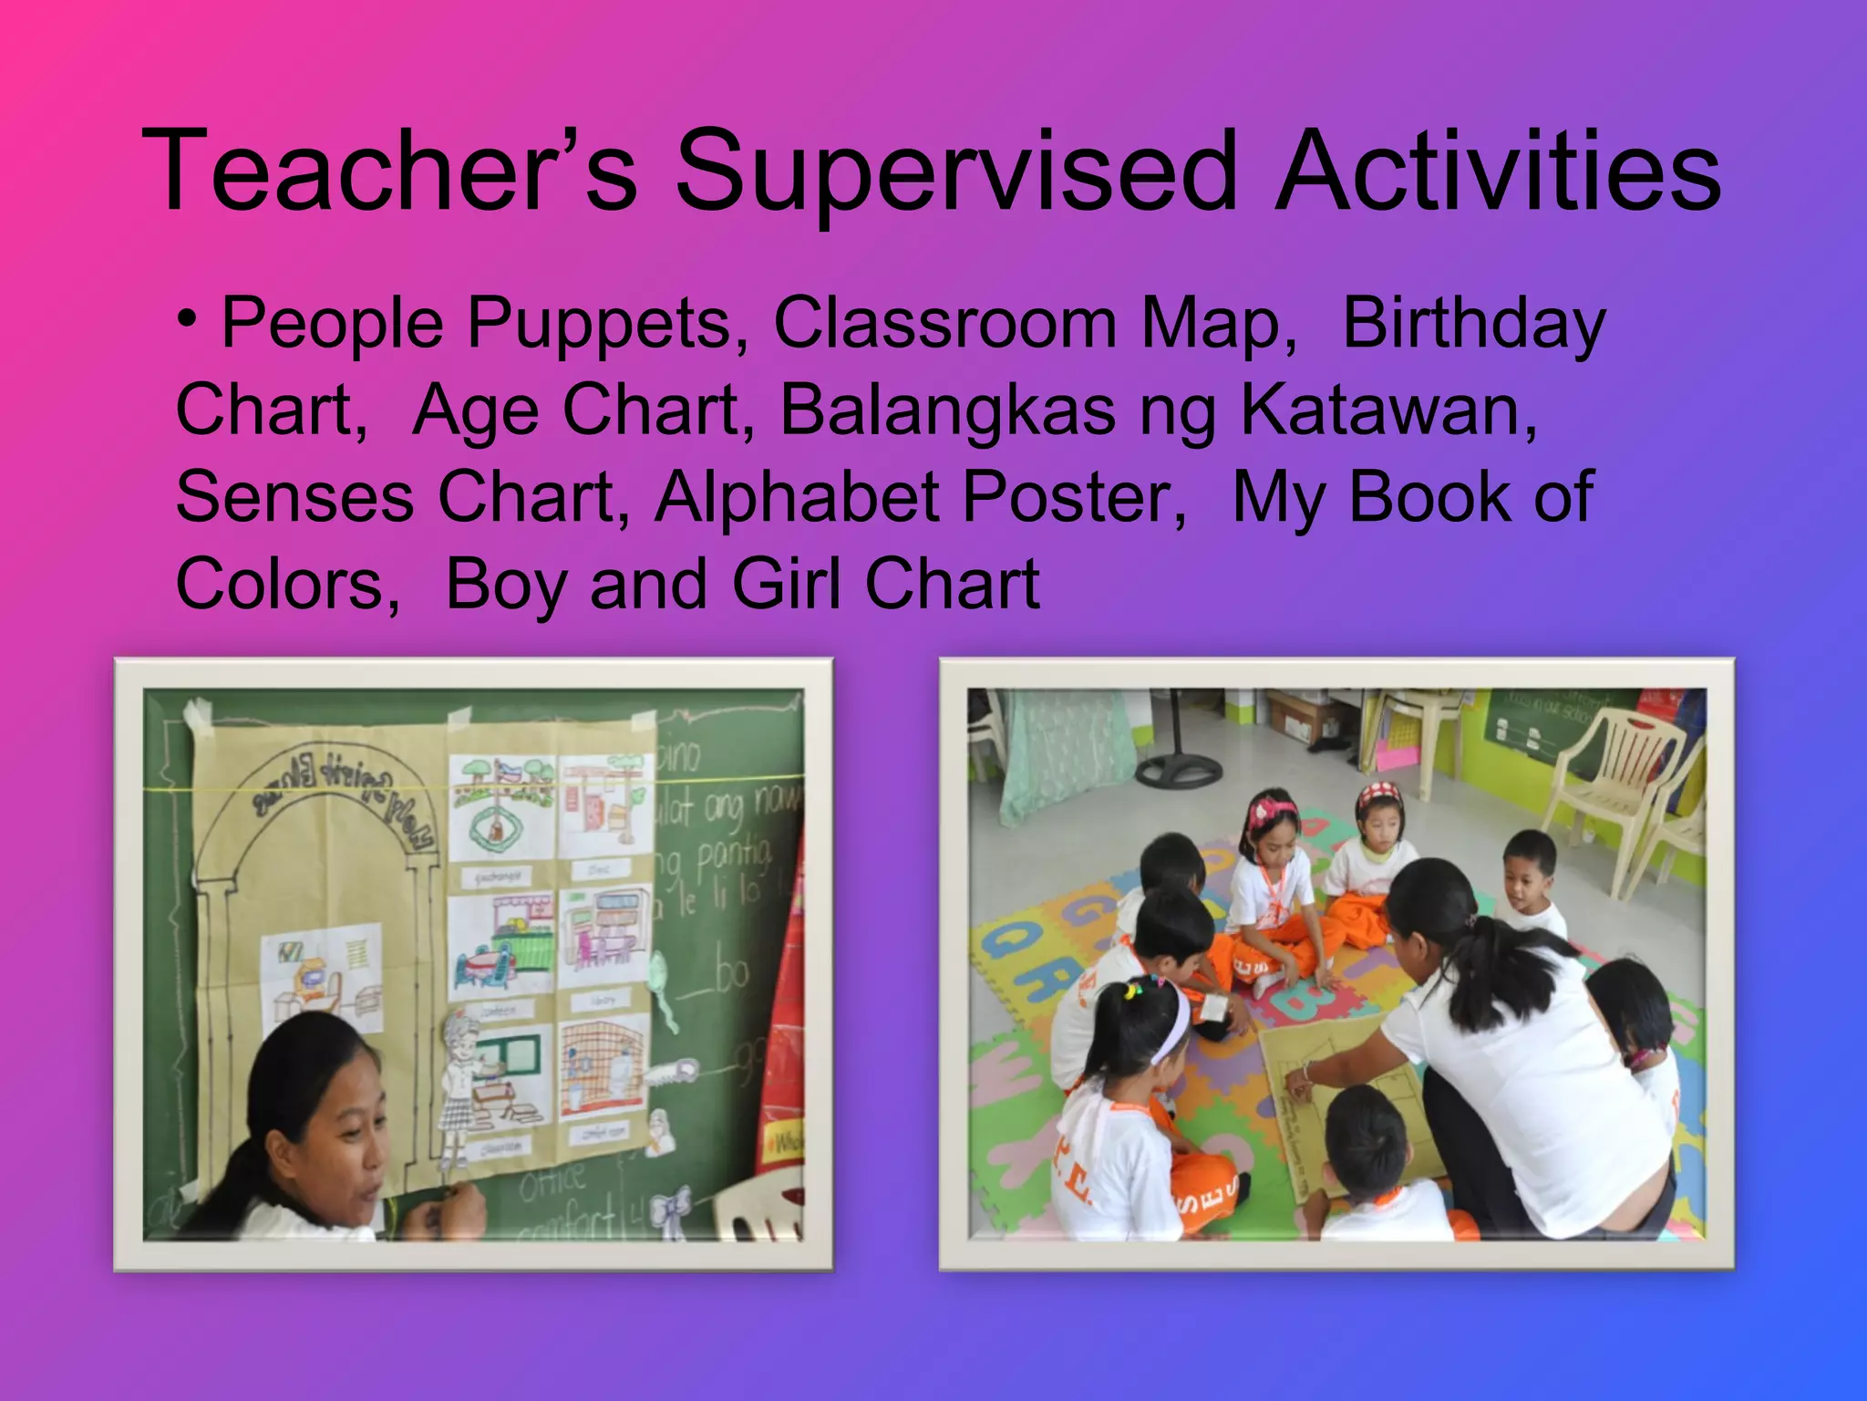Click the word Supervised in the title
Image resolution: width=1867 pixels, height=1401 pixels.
pyautogui.click(x=957, y=171)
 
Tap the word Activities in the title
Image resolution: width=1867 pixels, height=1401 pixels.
pyautogui.click(x=1498, y=171)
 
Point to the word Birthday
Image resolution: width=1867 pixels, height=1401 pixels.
pyautogui.click(x=1473, y=325)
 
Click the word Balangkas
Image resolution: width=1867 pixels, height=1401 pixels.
pyautogui.click(x=948, y=410)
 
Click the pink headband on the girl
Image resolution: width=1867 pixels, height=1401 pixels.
pyautogui.click(x=1273, y=808)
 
